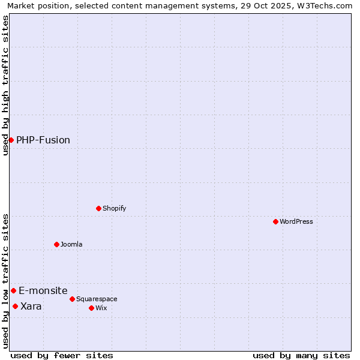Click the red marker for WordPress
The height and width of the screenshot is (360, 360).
click(x=275, y=221)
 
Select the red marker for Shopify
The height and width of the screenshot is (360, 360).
click(x=98, y=208)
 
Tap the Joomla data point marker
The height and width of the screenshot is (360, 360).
click(x=56, y=244)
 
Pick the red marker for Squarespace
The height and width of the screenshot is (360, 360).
click(x=72, y=299)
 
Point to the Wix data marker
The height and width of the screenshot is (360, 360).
click(x=91, y=308)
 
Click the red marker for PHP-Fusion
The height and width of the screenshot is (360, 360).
click(x=11, y=140)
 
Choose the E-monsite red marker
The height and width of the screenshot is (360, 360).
click(x=13, y=290)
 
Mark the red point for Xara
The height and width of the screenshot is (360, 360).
click(x=15, y=306)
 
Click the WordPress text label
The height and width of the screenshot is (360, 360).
click(x=296, y=221)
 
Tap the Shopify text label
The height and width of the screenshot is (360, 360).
click(x=114, y=208)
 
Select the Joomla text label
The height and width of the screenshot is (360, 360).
click(x=71, y=244)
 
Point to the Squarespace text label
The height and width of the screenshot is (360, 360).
click(x=97, y=299)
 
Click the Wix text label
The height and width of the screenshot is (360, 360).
click(x=101, y=308)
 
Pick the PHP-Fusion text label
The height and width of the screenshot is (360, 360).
click(x=43, y=140)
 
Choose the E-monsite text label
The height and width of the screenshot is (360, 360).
click(x=43, y=290)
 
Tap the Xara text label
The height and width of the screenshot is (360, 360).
click(x=31, y=306)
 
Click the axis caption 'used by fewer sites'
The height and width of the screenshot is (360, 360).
click(x=62, y=355)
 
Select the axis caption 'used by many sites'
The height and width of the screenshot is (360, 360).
click(x=301, y=355)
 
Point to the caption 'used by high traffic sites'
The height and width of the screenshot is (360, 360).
click(x=5, y=85)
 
